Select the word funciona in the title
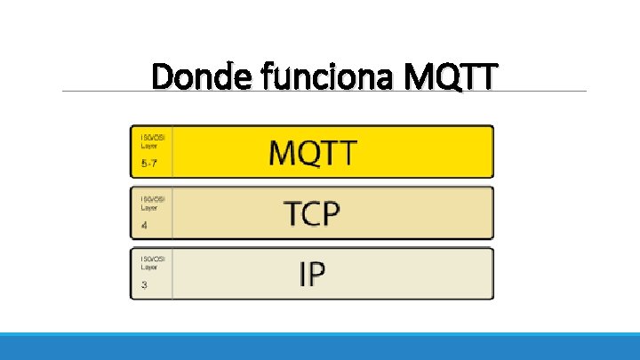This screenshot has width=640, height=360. (x=307, y=76)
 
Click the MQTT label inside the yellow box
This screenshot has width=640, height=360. (x=312, y=153)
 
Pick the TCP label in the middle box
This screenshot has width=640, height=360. (x=312, y=214)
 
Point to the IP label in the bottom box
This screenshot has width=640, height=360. (x=312, y=275)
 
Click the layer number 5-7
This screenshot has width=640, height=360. (x=149, y=164)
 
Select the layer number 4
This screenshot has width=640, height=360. (x=144, y=226)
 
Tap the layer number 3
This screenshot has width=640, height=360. (x=144, y=286)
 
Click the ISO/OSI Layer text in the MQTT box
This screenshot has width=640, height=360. (x=152, y=140)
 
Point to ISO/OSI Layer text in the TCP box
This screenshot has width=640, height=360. (x=152, y=202)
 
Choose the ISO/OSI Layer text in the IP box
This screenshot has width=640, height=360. (x=152, y=262)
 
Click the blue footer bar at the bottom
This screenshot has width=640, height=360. (x=320, y=347)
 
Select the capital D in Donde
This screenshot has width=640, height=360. (x=162, y=76)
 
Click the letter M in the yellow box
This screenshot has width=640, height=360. (x=284, y=153)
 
